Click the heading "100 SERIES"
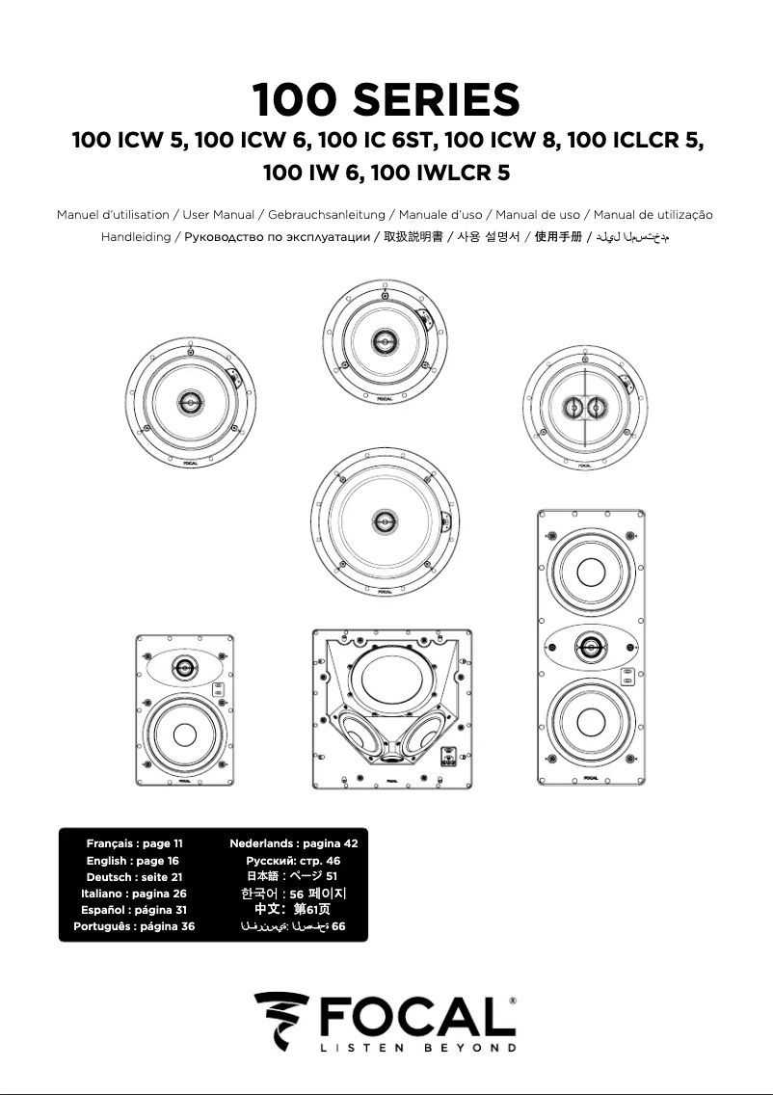coord(386,100)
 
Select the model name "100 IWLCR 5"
coord(447,174)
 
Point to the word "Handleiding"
coord(135,237)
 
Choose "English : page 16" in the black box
coord(132,861)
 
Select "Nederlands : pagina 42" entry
coord(293,843)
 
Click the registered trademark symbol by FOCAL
coord(512,1002)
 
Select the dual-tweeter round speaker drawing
coord(581,408)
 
